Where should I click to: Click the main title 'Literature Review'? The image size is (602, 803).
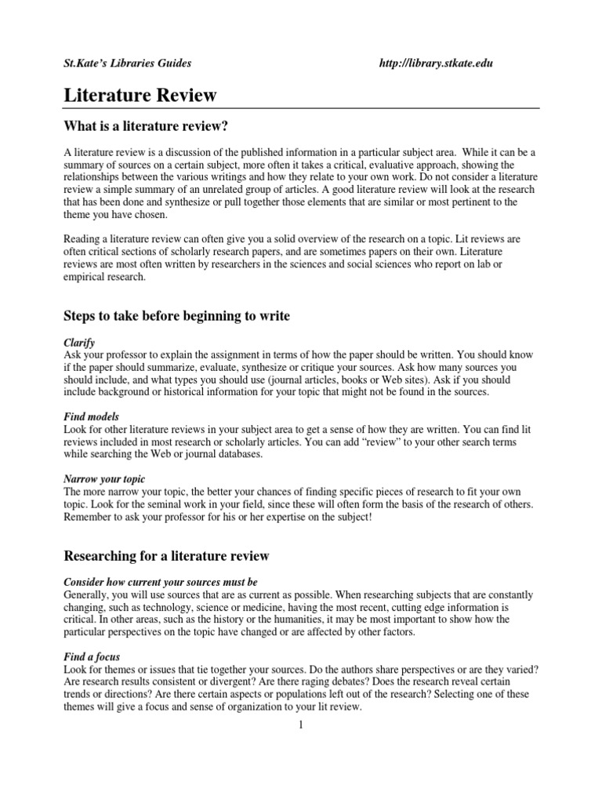[140, 96]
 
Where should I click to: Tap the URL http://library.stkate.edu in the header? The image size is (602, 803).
[435, 63]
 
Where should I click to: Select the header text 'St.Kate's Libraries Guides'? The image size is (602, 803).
[127, 63]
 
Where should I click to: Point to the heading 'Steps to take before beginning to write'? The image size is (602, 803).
[176, 316]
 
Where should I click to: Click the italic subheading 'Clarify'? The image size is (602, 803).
[78, 343]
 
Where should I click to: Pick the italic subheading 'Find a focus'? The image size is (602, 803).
[92, 656]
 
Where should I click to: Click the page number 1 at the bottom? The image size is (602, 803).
[300, 725]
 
